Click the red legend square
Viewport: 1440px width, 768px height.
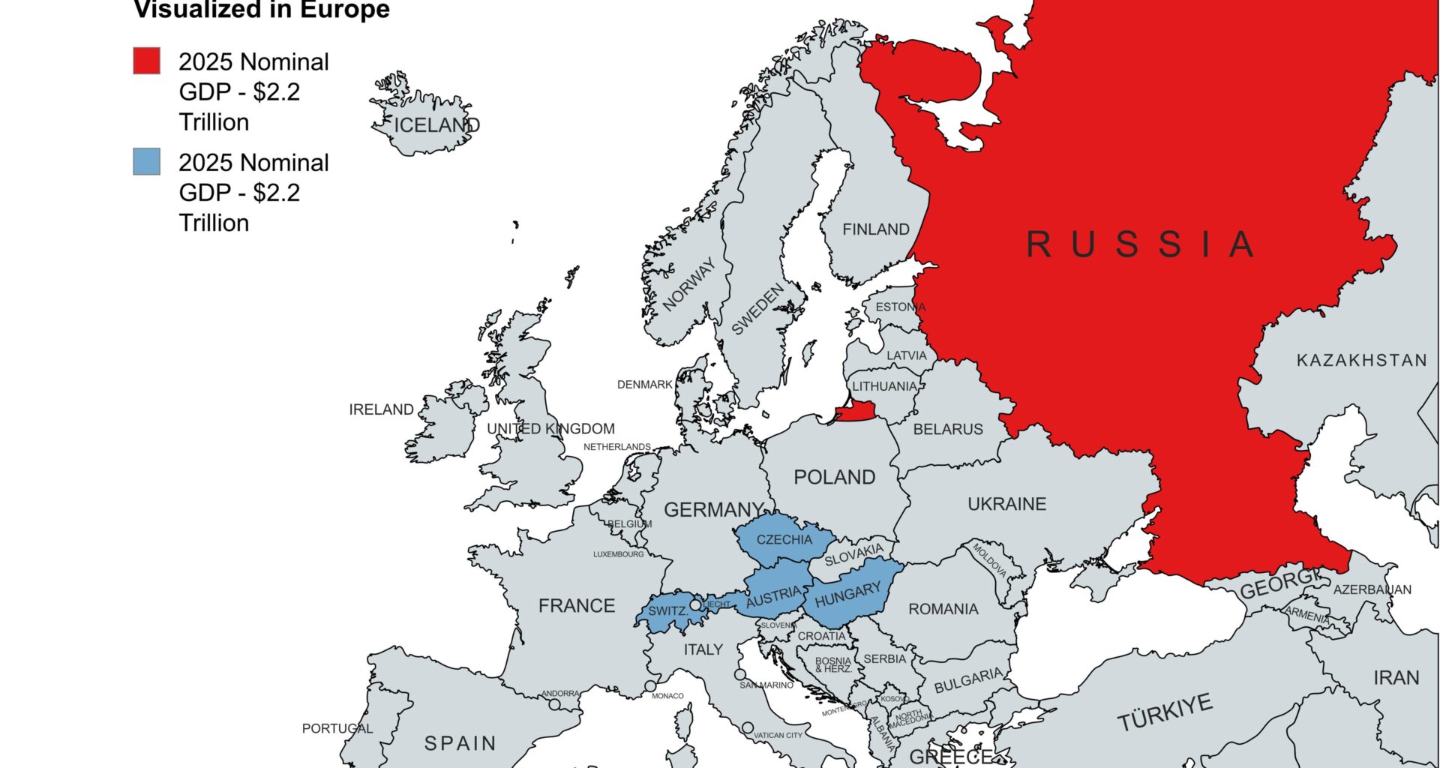pos(146,61)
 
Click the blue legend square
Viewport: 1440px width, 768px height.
pos(146,161)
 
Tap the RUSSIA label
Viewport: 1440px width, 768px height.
pos(1139,244)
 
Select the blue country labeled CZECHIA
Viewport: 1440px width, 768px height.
pos(784,539)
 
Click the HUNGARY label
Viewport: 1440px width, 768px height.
pos(847,595)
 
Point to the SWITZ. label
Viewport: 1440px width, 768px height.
pos(667,610)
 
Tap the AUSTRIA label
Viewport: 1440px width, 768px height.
pos(773,597)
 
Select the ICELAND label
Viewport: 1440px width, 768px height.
pos(436,125)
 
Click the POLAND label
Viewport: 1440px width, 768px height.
pos(834,477)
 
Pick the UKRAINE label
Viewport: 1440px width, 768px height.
pos(1006,504)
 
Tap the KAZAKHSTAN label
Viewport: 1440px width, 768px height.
pos(1361,361)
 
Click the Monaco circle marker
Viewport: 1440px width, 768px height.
pos(650,686)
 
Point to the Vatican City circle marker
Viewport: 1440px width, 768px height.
pos(748,728)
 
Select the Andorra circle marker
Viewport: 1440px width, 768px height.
pos(554,704)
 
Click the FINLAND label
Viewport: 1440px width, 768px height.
pos(875,229)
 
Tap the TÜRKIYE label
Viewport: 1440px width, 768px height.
pos(1164,712)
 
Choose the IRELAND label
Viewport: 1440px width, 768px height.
pos(381,409)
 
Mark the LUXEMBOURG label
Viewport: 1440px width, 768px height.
pos(618,554)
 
